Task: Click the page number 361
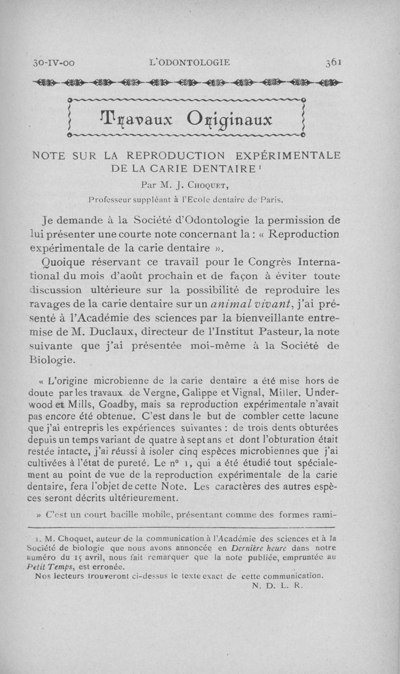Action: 333,62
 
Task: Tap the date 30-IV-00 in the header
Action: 53,63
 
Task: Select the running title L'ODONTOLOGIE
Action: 190,62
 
